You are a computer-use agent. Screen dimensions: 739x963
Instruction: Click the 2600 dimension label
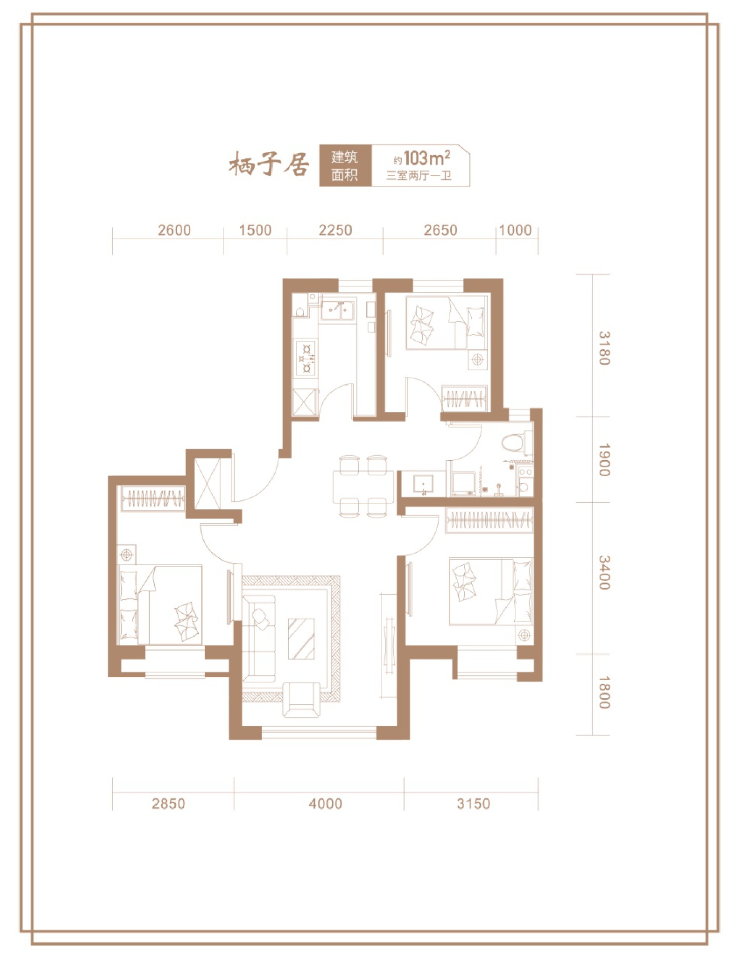click(x=174, y=230)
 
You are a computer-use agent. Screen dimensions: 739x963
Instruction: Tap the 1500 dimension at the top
click(x=255, y=230)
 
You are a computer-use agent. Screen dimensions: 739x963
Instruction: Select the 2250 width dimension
click(x=335, y=230)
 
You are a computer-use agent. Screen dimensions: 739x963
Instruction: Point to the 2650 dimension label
click(x=440, y=230)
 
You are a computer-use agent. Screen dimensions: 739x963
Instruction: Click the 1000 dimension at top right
click(x=515, y=230)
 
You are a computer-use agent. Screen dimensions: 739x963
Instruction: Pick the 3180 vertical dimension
click(x=604, y=348)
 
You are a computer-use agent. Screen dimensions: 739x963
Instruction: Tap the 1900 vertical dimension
click(x=604, y=460)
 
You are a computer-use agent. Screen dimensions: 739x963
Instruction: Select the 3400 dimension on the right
click(x=604, y=572)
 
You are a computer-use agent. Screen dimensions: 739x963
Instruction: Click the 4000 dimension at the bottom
click(x=325, y=803)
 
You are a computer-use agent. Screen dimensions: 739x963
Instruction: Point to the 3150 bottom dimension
click(x=473, y=803)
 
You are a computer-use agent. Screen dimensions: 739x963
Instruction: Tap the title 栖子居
click(x=269, y=164)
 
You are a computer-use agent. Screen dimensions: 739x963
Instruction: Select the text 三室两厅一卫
click(x=419, y=176)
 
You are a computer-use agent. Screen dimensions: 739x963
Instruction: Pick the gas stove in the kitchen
click(x=306, y=357)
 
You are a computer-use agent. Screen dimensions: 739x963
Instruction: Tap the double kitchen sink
click(x=338, y=309)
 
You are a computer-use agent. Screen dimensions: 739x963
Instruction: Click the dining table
click(x=362, y=486)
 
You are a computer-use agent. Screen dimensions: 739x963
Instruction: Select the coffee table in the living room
click(x=301, y=639)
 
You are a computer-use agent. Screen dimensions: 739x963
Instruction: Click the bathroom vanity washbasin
click(x=423, y=484)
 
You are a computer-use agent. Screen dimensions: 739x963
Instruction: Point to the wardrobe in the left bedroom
click(x=153, y=498)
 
